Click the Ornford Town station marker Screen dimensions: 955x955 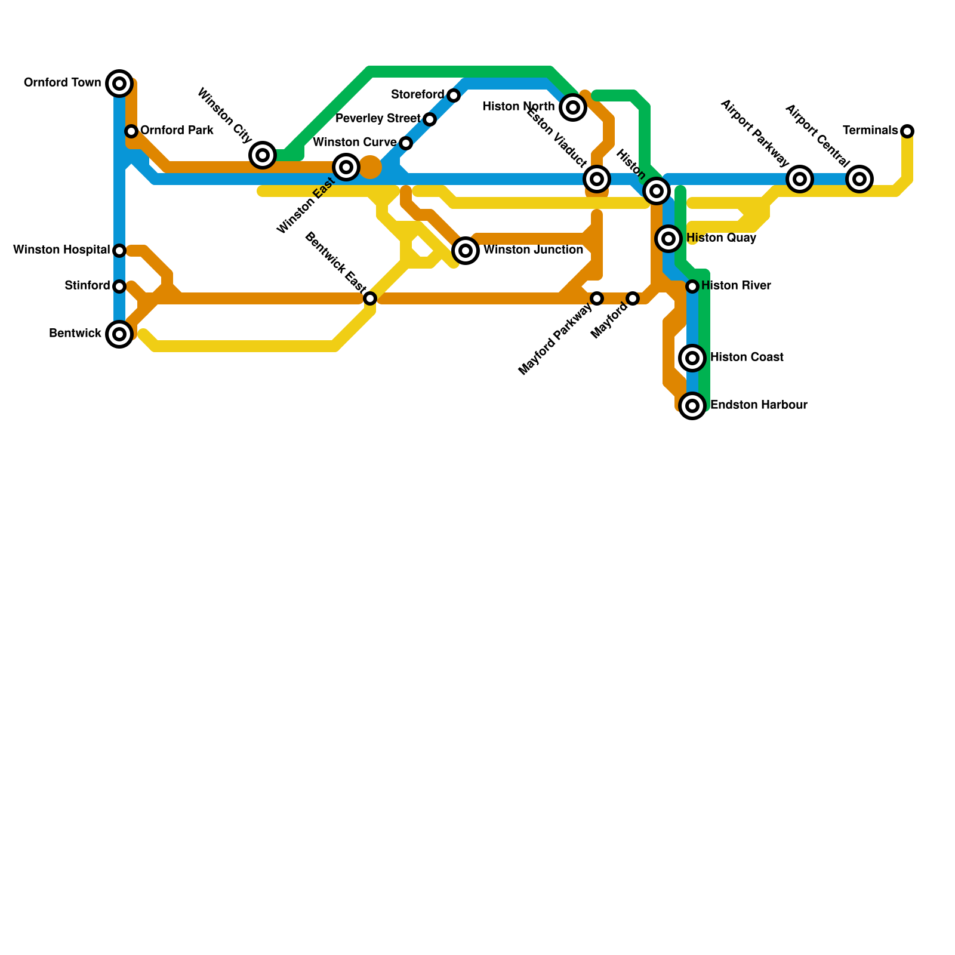pyautogui.click(x=119, y=83)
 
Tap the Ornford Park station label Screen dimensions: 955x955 pyautogui.click(x=177, y=130)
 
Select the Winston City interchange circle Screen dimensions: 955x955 pyautogui.click(x=263, y=155)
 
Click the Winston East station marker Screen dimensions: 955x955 pyautogui.click(x=346, y=167)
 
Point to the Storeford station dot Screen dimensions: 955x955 pyautogui.click(x=454, y=95)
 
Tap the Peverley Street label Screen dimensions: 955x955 pyautogui.click(x=378, y=119)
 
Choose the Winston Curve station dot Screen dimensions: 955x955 pyautogui.click(x=406, y=143)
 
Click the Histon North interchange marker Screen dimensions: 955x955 pyautogui.click(x=573, y=107)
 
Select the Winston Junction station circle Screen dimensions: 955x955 pyautogui.click(x=466, y=251)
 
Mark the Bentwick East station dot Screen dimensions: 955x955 pyautogui.click(x=370, y=298)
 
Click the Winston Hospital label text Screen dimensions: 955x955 pyautogui.click(x=61, y=249)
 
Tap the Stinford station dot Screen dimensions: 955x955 pyautogui.click(x=119, y=286)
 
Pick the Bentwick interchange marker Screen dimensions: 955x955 pyautogui.click(x=119, y=334)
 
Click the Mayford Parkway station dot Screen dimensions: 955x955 pyautogui.click(x=597, y=298)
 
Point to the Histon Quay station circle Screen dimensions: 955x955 pyautogui.click(x=668, y=239)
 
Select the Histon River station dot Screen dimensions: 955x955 pyautogui.click(x=692, y=286)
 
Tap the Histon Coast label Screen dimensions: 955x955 pyautogui.click(x=747, y=357)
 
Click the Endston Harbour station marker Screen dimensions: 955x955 pyautogui.click(x=692, y=406)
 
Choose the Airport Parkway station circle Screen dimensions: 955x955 pyautogui.click(x=800, y=178)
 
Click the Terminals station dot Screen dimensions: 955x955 pyautogui.click(x=907, y=131)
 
